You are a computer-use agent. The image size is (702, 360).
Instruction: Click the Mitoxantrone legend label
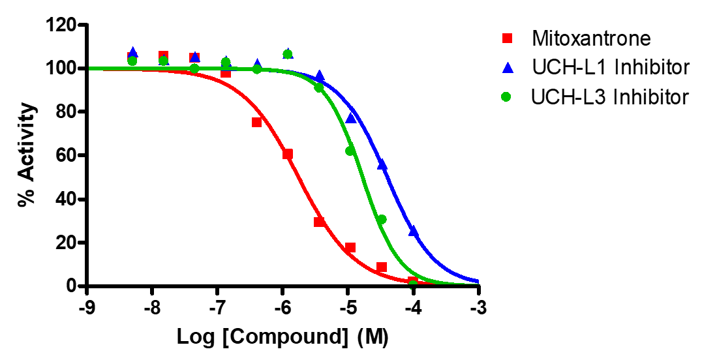click(591, 38)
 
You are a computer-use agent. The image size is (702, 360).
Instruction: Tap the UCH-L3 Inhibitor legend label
click(610, 97)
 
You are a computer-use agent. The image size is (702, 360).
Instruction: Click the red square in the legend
click(506, 38)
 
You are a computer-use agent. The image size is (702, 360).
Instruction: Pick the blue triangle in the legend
click(506, 67)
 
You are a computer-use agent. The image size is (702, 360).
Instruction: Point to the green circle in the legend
click(506, 97)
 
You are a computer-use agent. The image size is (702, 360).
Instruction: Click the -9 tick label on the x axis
click(86, 307)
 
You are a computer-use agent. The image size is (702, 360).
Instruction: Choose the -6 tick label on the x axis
click(282, 307)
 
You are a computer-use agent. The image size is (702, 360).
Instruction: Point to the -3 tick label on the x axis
click(478, 307)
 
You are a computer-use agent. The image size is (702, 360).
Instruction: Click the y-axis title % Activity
click(26, 155)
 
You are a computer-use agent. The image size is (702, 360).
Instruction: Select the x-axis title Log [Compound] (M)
click(282, 338)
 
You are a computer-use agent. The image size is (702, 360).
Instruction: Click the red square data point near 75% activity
click(256, 122)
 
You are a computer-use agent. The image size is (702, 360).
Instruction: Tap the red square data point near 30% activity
click(319, 222)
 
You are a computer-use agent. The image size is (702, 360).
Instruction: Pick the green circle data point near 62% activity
click(350, 151)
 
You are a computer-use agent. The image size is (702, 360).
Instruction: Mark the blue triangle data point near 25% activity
click(413, 231)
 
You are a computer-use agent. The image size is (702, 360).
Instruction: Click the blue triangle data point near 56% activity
click(382, 164)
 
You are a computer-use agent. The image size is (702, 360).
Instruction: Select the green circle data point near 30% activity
click(382, 219)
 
